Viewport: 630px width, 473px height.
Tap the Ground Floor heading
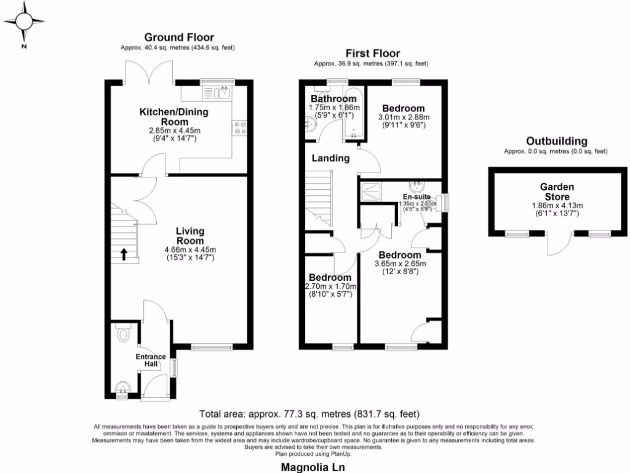[x=178, y=38]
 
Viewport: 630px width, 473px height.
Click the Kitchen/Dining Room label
[x=174, y=116]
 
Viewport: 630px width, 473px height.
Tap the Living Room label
[x=190, y=235]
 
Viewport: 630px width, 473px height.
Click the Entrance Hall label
[x=151, y=360]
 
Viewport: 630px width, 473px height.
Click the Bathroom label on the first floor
[x=333, y=99]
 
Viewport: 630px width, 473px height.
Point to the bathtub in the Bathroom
[x=354, y=114]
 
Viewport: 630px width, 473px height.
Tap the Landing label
[x=330, y=158]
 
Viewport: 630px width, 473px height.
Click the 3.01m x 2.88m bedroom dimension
[x=403, y=117]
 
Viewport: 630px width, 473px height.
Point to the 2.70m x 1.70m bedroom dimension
[x=330, y=286]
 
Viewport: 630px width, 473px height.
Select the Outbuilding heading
[x=554, y=142]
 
